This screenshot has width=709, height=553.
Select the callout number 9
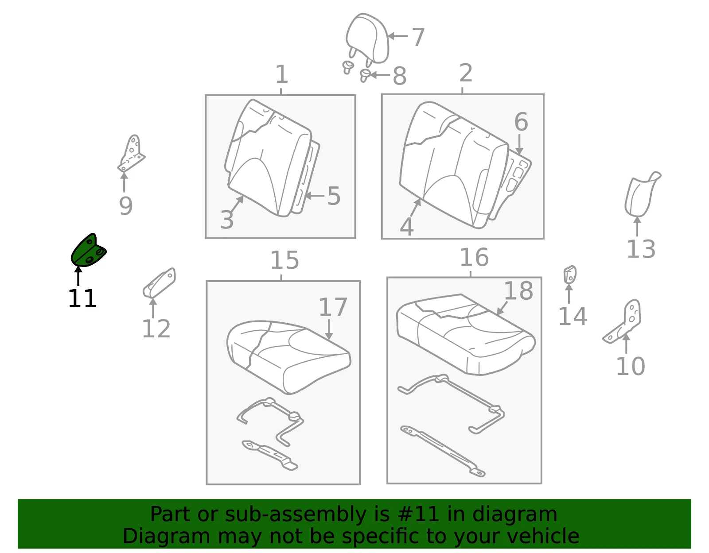126,206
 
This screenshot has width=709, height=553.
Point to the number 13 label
641,249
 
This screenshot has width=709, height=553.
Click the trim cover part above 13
641,194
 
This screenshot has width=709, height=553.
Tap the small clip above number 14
570,275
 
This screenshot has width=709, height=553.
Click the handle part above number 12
159,283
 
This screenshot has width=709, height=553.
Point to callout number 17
333,307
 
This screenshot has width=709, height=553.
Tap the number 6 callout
521,122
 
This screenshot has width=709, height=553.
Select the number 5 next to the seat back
334,196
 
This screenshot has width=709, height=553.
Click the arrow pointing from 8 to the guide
380,75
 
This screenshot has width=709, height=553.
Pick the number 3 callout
227,219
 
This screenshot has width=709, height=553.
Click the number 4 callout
406,226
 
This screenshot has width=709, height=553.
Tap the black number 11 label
82,298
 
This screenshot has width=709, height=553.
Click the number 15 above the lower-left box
284,260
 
